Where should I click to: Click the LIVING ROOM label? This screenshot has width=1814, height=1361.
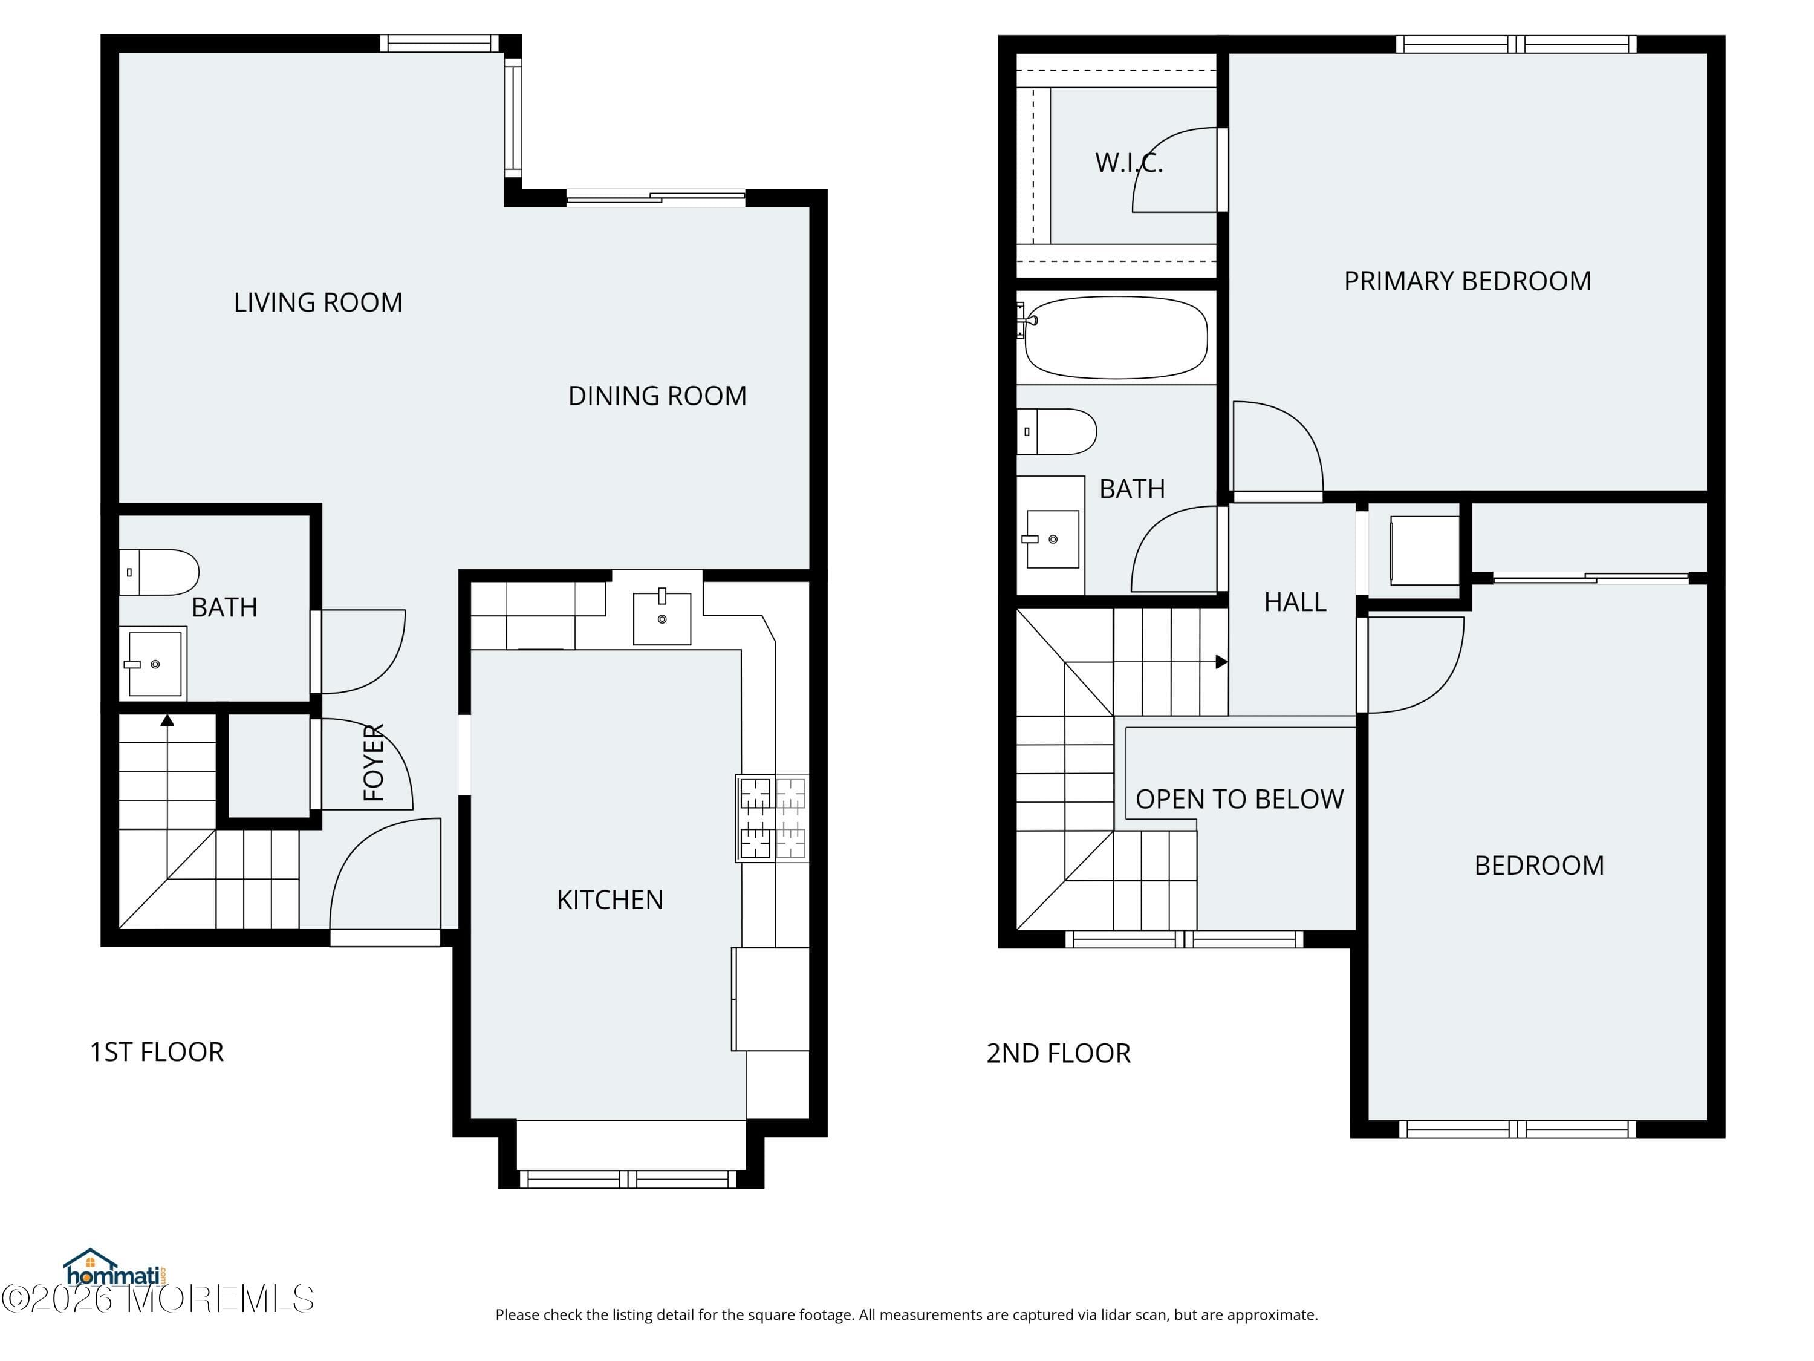318,302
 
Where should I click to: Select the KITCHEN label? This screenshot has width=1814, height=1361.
610,900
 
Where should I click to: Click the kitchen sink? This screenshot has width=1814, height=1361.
662,617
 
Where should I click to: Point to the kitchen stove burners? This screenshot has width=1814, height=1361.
772,818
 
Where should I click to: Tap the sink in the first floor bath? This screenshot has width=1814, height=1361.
154,663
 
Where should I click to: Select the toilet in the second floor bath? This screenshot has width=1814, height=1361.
1057,431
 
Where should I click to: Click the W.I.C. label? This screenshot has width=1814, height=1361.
1128,163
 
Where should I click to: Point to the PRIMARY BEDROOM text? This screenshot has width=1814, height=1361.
1467,281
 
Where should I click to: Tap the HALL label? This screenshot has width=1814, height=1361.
1295,602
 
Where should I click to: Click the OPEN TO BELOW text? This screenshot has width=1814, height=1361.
1239,799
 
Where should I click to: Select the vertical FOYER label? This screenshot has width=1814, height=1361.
374,762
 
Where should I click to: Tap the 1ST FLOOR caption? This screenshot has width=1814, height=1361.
157,1052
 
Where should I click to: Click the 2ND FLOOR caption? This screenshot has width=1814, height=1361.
1058,1053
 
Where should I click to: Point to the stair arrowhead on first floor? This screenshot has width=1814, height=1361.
167,720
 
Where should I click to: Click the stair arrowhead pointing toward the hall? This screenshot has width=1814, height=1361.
1221,661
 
